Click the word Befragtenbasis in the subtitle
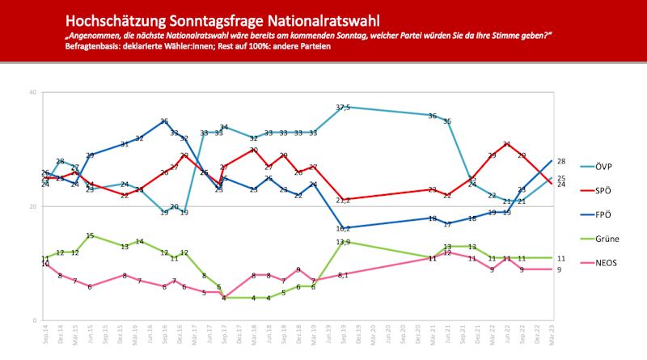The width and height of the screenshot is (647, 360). click(x=94, y=47)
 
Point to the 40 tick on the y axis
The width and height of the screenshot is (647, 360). click(x=33, y=92)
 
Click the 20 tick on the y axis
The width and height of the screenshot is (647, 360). click(x=33, y=206)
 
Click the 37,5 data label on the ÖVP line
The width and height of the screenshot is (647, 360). click(x=343, y=108)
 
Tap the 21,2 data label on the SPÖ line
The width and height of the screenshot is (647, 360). click(x=343, y=200)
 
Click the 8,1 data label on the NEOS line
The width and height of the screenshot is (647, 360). click(x=343, y=275)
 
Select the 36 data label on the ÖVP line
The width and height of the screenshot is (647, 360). click(x=433, y=116)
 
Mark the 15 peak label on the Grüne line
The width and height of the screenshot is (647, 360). click(x=91, y=235)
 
